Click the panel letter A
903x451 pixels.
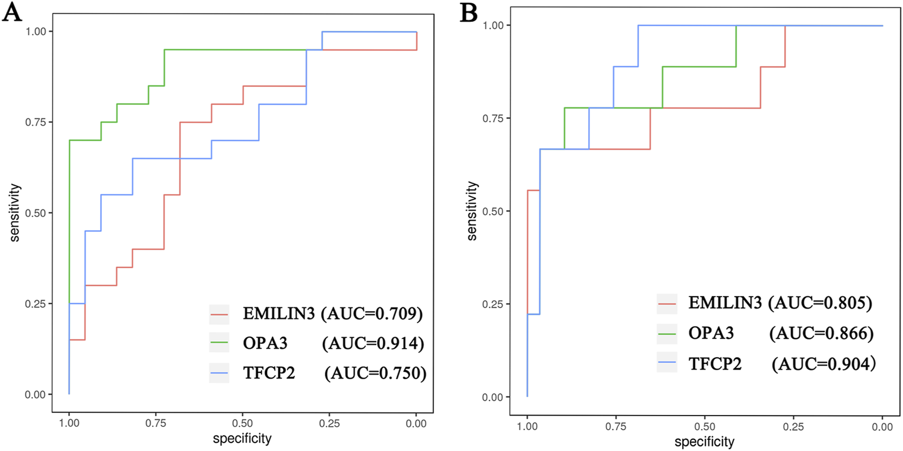click(12, 12)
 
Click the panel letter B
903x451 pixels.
click(468, 12)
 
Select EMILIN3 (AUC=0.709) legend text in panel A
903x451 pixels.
click(332, 313)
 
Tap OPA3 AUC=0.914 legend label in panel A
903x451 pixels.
click(333, 343)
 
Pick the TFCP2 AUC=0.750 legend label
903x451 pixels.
click(334, 373)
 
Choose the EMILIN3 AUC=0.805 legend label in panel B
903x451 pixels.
click(780, 303)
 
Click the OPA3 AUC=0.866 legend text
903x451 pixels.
click(780, 334)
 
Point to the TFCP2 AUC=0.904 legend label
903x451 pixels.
click(782, 364)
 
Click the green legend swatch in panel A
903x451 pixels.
click(219, 342)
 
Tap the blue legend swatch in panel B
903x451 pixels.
click(667, 363)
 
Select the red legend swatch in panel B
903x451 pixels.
click(667, 304)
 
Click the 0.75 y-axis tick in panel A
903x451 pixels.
click(35, 122)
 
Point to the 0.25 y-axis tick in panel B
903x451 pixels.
click(493, 304)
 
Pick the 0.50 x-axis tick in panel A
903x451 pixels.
click(242, 423)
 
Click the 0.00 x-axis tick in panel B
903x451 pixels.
click(882, 427)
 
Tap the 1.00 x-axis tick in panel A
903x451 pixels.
click(69, 423)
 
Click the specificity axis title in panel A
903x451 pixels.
click(242, 439)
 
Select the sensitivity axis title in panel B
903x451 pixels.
click(472, 211)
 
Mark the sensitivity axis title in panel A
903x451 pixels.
click(15, 213)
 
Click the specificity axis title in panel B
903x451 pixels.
click(704, 442)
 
